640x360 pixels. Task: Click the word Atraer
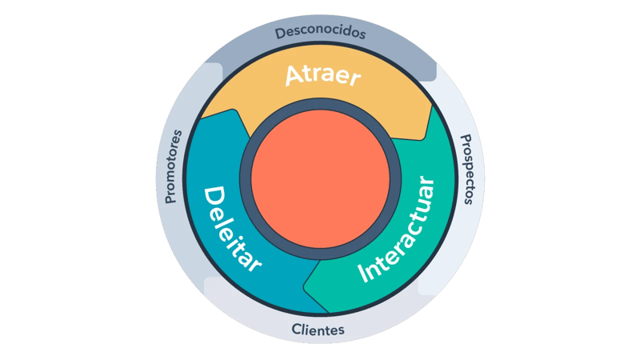[x=323, y=78]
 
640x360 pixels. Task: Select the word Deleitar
[x=233, y=229]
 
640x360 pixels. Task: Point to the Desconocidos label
[x=320, y=34]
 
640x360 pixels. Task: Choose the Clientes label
[x=318, y=330]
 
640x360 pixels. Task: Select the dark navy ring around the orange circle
[x=321, y=111]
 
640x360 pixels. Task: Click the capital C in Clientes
[x=296, y=330]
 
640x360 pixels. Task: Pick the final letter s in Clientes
[x=342, y=330]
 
